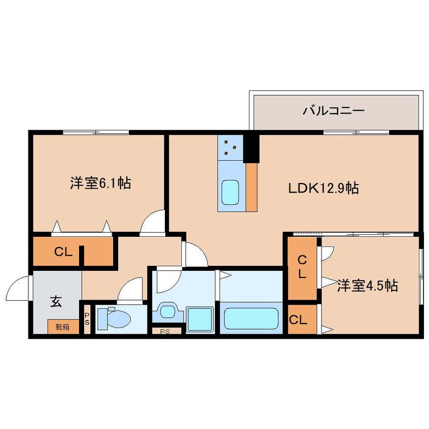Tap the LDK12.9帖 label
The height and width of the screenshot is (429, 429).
tap(324, 189)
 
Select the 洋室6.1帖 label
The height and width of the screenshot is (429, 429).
tap(101, 183)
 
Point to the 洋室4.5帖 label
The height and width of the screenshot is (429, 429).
tap(367, 287)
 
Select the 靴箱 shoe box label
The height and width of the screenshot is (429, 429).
tap(63, 327)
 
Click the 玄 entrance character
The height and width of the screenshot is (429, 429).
tap(56, 302)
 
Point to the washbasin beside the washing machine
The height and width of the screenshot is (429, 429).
tap(167, 311)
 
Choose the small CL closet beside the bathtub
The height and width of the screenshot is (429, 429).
tap(298, 320)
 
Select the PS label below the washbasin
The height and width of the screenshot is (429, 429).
tap(165, 332)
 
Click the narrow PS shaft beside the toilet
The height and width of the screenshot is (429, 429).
tap(87, 319)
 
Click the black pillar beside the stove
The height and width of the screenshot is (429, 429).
tap(251, 148)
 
